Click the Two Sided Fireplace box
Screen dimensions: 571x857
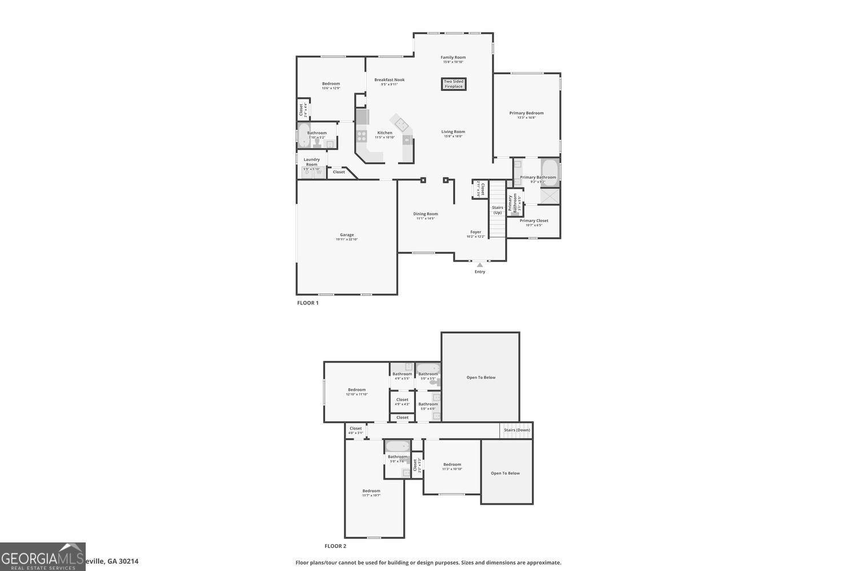[x=454, y=84]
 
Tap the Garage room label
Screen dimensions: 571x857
[x=347, y=235]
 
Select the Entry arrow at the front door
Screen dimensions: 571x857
[x=480, y=264]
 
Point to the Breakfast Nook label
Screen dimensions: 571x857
[x=389, y=80]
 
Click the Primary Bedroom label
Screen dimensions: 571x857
[x=526, y=113]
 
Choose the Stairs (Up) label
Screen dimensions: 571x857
[x=498, y=210]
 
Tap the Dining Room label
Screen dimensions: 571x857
[x=426, y=214]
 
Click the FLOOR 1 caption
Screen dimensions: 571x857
[x=308, y=303]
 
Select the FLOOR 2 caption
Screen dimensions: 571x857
[x=335, y=546]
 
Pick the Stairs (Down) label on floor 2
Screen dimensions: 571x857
[x=516, y=430]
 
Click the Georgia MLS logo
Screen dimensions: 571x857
[x=42, y=557]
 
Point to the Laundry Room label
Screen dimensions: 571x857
[x=311, y=162]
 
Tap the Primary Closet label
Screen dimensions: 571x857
[x=534, y=220]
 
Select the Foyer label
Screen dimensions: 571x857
[x=476, y=232]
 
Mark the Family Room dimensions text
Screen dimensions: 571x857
[x=453, y=62]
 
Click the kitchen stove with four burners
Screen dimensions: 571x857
[x=362, y=136]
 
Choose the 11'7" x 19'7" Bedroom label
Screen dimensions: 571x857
[x=371, y=491]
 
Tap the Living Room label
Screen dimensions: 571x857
[x=453, y=132]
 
